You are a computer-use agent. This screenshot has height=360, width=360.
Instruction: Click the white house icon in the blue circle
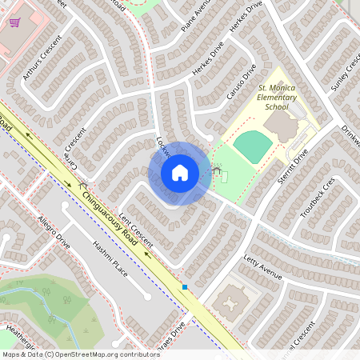tap(180, 172)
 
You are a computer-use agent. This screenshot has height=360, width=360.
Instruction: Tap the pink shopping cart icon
tap(14, 22)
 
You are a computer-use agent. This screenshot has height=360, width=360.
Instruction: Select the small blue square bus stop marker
tap(185, 286)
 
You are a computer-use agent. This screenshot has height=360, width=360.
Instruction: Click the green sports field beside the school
tap(254, 146)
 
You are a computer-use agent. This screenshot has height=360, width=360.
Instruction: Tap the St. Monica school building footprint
tap(282, 126)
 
